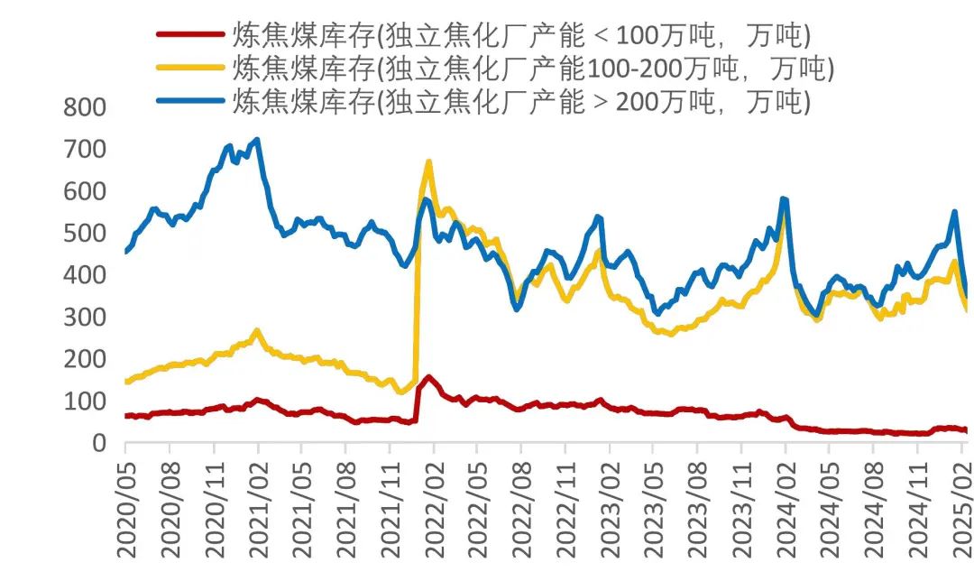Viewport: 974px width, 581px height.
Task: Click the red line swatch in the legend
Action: pos(190,35)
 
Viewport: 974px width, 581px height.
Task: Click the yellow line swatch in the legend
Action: pos(190,68)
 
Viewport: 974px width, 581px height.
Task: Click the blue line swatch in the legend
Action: pos(190,99)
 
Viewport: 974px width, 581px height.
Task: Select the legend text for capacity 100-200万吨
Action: pos(533,68)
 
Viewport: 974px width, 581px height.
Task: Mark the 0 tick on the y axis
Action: pos(99,443)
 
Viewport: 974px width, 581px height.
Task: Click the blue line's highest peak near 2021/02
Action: pos(258,140)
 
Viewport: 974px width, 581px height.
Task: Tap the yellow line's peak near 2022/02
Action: pos(428,162)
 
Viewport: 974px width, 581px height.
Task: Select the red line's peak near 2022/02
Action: pos(428,377)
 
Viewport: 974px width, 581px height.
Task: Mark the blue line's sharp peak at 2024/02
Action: pos(784,198)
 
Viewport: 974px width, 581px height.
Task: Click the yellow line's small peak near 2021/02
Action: pos(257,331)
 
